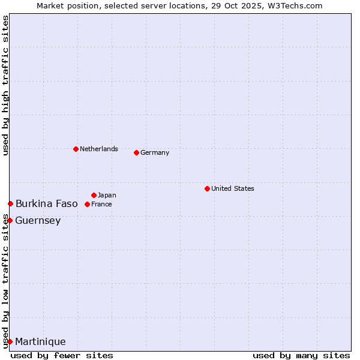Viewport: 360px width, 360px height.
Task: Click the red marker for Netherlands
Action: [x=76, y=149]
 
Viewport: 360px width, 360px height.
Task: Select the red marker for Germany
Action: [x=136, y=152]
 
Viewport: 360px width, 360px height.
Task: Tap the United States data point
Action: [x=207, y=188]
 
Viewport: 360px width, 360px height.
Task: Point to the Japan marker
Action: [x=94, y=195]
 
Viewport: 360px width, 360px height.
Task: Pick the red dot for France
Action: [x=87, y=204]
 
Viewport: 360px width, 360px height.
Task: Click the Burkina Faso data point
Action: [x=10, y=204]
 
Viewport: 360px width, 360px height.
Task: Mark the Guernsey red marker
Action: [x=10, y=220]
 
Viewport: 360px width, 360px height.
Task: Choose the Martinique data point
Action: [x=10, y=341]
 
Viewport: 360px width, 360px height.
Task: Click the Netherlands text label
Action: [x=99, y=149]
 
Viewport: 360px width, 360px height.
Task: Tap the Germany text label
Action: [x=155, y=152]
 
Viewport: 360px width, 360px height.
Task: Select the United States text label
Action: [x=232, y=188]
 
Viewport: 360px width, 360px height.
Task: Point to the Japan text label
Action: [x=107, y=195]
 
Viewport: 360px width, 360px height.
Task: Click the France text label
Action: [x=101, y=204]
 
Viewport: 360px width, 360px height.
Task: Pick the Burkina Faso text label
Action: [x=46, y=204]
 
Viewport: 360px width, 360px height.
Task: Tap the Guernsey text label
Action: [x=38, y=220]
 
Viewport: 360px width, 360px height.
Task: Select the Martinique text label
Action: [x=40, y=341]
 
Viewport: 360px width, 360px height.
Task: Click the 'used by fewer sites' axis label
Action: [x=62, y=355]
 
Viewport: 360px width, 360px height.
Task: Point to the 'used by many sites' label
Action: [x=301, y=355]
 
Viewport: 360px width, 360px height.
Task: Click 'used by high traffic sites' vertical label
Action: [x=5, y=86]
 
